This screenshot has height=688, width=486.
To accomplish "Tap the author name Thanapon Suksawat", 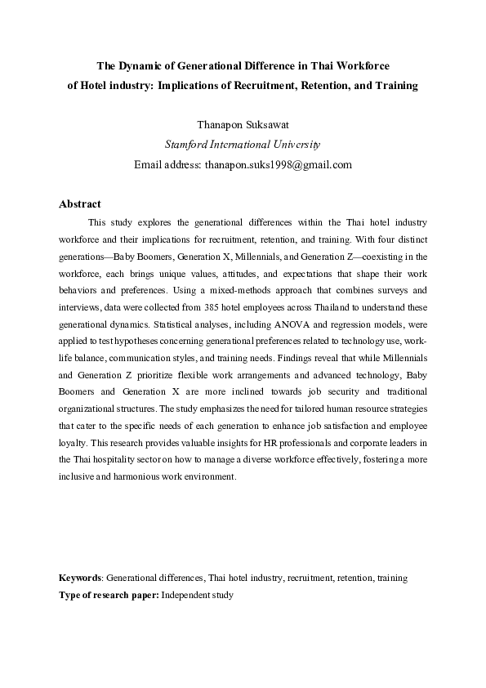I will [x=243, y=125].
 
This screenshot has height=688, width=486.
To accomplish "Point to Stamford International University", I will [x=243, y=145].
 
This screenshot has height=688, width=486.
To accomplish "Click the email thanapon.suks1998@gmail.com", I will [x=278, y=164].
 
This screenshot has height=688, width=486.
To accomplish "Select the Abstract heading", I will [x=80, y=204].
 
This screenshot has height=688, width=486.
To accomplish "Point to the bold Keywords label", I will [x=81, y=578].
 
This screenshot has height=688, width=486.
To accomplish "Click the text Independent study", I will [x=198, y=595].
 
